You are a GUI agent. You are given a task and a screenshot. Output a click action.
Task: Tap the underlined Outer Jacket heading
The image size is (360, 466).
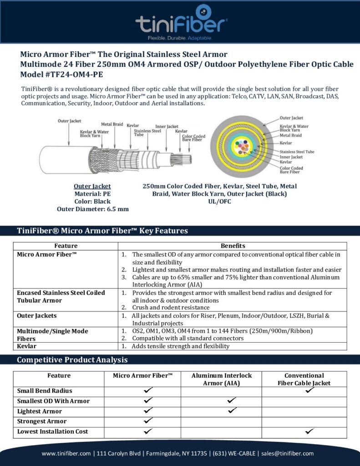click(x=92, y=186)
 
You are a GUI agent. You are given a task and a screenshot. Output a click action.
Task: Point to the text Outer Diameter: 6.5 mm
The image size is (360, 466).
click(x=92, y=209)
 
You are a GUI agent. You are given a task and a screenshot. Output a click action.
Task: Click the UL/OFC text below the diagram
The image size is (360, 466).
click(x=220, y=201)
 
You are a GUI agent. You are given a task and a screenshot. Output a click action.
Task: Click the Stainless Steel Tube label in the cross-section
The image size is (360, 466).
click(x=297, y=152)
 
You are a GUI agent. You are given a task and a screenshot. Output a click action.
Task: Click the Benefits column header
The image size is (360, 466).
click(x=233, y=246)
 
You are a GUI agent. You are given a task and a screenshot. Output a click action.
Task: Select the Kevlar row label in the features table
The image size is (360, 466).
click(x=27, y=346)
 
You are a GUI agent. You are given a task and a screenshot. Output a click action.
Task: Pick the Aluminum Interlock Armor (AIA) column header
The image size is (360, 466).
click(x=221, y=379)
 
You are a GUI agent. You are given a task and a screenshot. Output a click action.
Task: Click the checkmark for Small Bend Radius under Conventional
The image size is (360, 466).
click(x=311, y=390)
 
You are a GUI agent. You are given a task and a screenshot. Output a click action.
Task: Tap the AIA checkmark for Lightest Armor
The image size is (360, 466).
click(x=232, y=411)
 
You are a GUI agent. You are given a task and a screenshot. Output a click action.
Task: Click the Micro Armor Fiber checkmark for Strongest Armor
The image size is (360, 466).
click(x=147, y=421)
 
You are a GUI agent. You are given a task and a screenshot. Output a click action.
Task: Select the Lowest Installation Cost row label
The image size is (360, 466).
click(x=52, y=431)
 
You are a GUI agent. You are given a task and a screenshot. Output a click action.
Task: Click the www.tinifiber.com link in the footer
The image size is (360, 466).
click(x=66, y=453)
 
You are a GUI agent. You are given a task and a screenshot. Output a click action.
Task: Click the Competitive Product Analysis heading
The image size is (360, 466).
click(x=72, y=360)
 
